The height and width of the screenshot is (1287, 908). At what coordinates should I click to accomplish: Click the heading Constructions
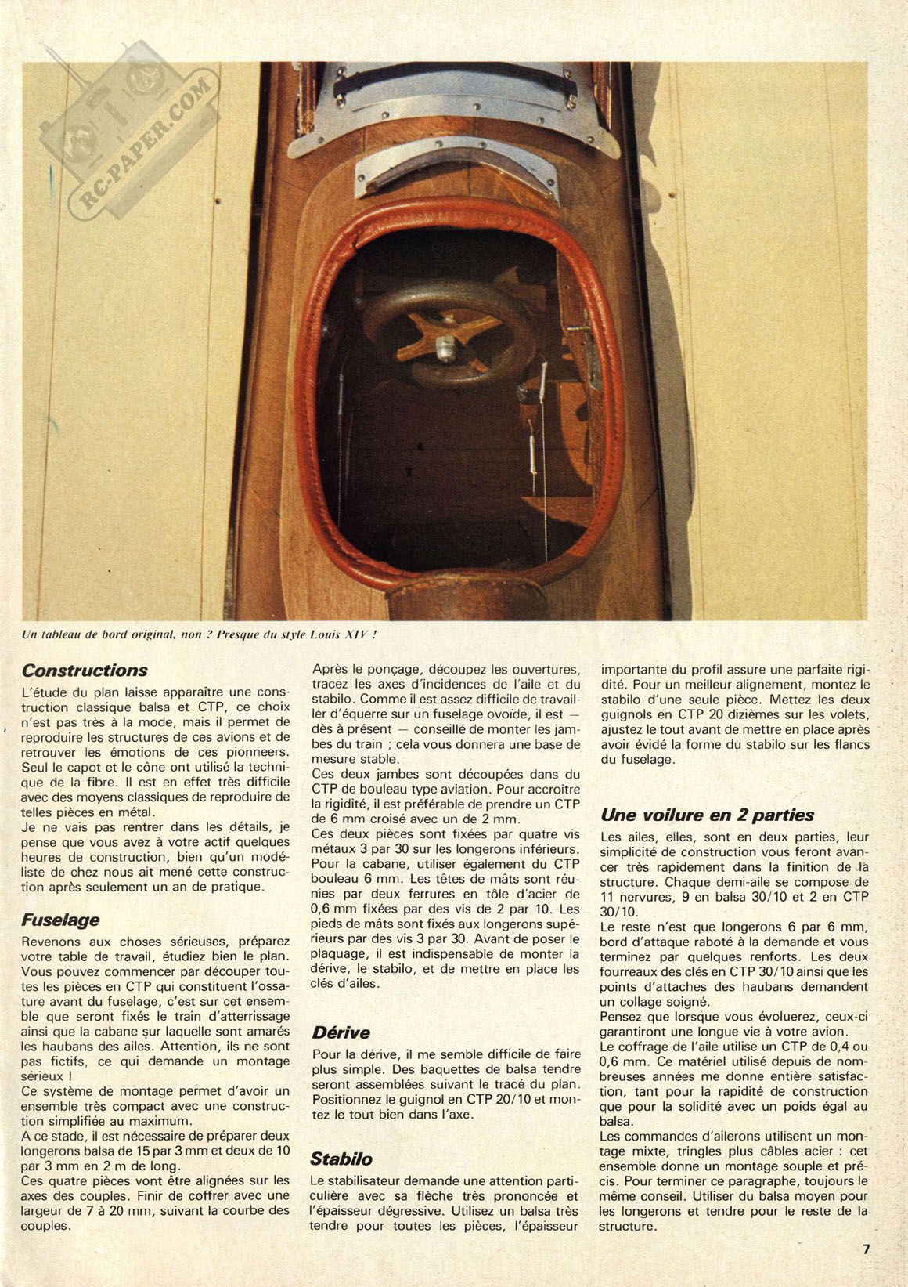[x=85, y=671]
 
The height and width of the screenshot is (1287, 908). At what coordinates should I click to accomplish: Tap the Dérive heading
[x=340, y=1032]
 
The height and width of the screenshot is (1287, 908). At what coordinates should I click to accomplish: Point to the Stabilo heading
[x=341, y=1159]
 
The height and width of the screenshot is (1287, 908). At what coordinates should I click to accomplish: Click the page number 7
[x=867, y=1249]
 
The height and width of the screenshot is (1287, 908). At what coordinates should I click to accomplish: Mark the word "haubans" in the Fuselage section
[x=52, y=1046]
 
